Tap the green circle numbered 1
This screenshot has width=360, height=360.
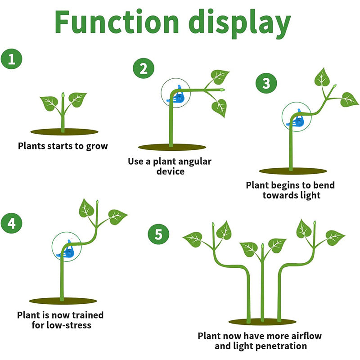(11, 59)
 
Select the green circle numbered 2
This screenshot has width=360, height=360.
(143, 69)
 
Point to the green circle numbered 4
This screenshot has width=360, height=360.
(11, 223)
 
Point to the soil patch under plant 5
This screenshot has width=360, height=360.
(262, 322)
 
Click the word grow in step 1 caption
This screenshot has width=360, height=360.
(97, 146)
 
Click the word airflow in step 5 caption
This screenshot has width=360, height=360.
(306, 336)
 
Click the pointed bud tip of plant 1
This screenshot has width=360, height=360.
(63, 95)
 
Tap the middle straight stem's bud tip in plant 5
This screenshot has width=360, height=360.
(262, 246)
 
